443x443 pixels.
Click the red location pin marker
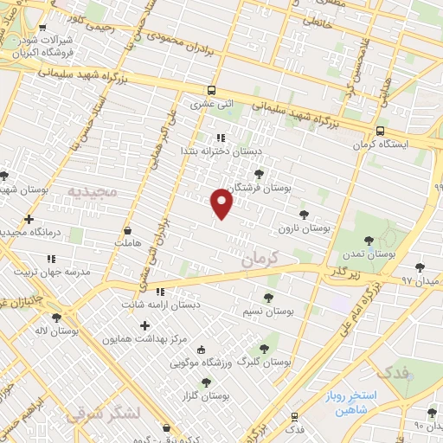click(222, 203)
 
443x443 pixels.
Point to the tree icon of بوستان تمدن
click(369, 241)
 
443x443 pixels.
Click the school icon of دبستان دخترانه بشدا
click(221, 137)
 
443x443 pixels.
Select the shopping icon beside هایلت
click(128, 231)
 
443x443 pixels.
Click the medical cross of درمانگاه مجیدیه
click(29, 219)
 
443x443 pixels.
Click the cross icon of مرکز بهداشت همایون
click(144, 325)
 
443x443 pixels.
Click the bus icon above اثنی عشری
click(212, 90)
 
